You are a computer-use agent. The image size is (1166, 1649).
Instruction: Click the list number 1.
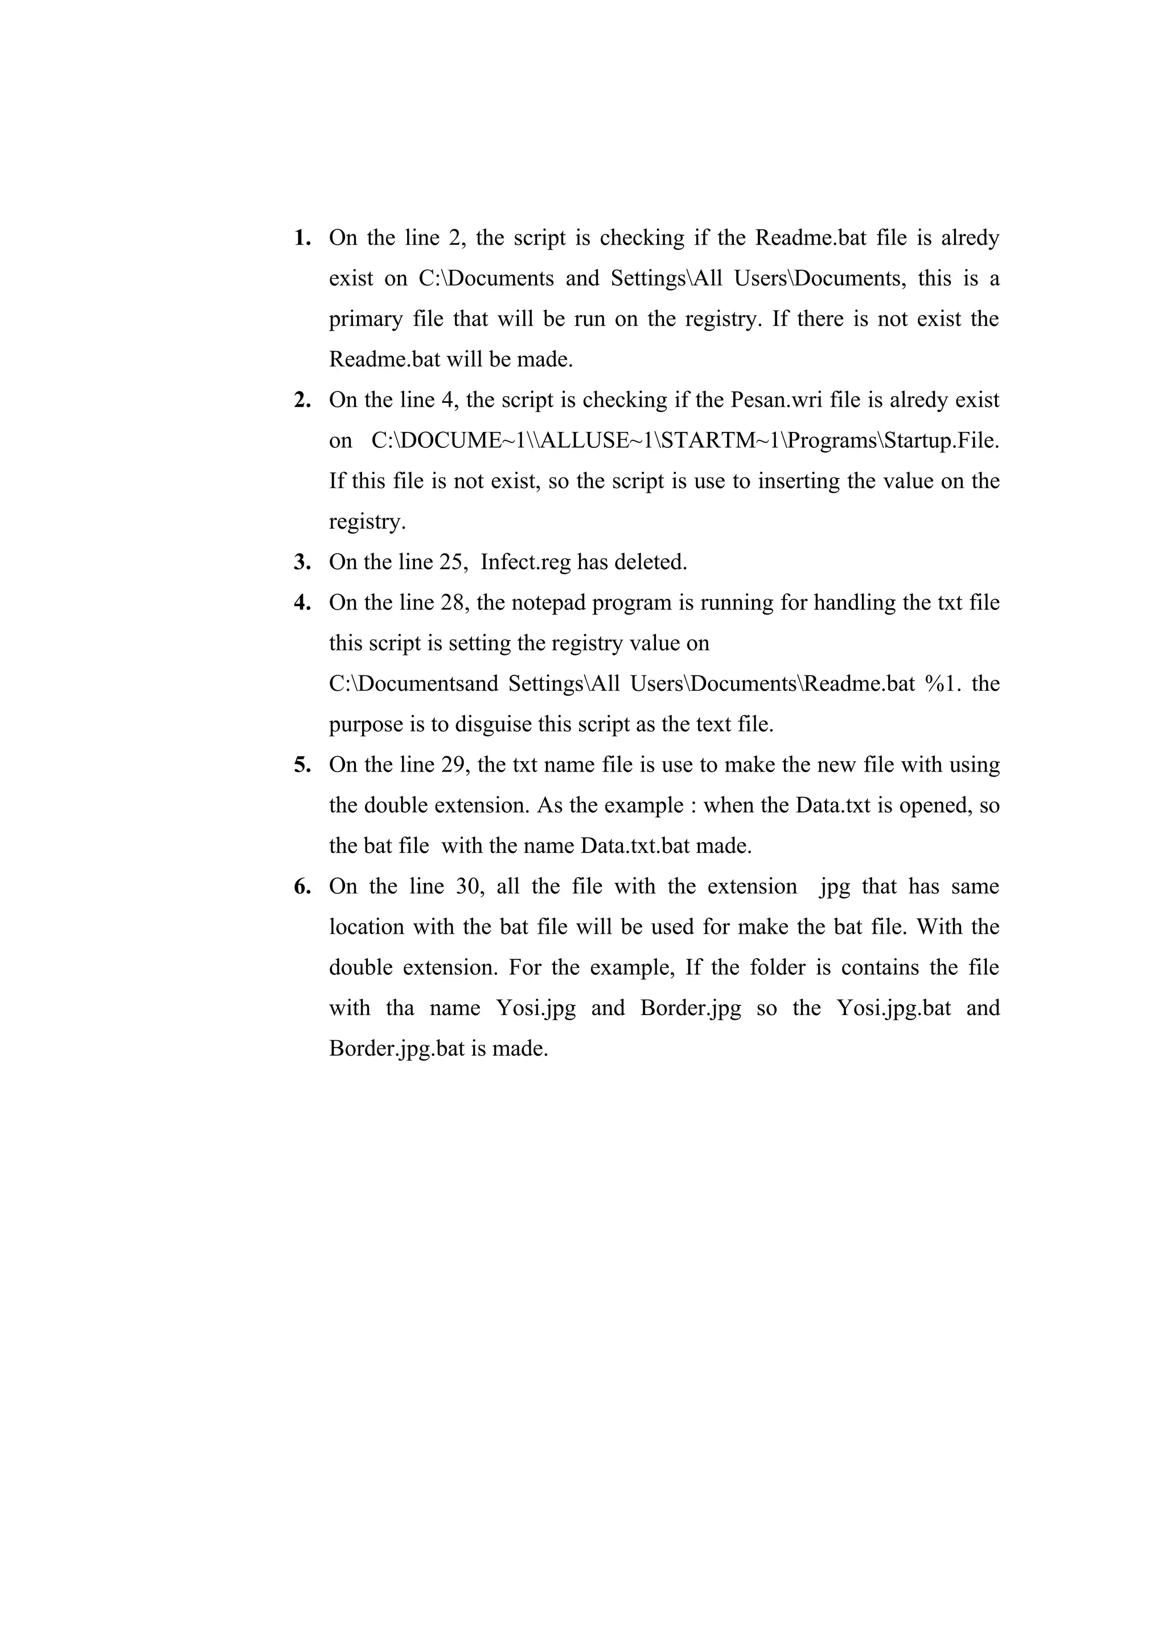tap(302, 238)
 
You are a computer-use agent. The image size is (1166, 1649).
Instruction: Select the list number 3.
tap(302, 562)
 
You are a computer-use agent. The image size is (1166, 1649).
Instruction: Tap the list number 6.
tap(302, 887)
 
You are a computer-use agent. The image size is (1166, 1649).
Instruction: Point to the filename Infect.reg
tap(526, 562)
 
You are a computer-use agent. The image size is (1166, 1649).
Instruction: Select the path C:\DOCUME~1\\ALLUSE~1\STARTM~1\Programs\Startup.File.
tap(685, 440)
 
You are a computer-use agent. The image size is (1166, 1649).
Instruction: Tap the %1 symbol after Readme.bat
tap(943, 684)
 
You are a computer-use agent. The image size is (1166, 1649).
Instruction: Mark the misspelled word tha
tap(400, 1008)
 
